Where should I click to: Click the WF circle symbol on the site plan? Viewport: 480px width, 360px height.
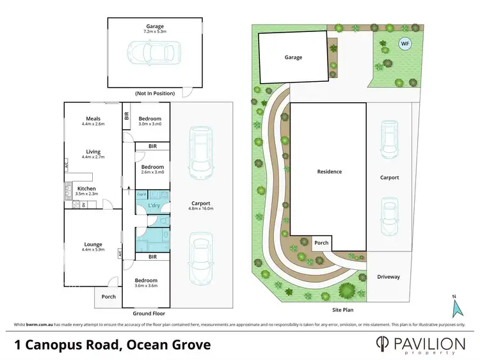coord(404,43)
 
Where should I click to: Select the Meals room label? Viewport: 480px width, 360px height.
coord(93,118)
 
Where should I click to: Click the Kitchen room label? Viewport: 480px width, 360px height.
coord(86,189)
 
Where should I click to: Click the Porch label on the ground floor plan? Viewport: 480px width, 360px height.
coord(109,296)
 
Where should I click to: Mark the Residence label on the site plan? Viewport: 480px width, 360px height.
coord(330,171)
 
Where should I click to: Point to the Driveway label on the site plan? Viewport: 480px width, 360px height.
coord(388,277)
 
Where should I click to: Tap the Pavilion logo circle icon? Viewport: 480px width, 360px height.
coord(384,344)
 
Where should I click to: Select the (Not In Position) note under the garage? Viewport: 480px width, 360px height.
coord(155,93)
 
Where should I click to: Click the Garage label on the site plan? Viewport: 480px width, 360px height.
coord(293,57)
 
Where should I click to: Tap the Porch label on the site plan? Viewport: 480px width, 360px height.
coord(321,242)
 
